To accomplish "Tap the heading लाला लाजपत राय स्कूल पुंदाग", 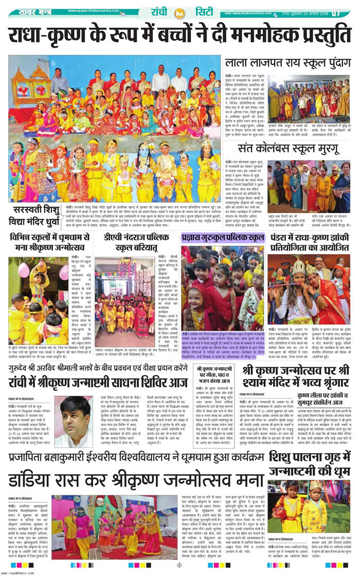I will click(x=287, y=64).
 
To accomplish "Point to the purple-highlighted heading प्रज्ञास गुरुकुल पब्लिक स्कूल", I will click(x=222, y=238).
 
